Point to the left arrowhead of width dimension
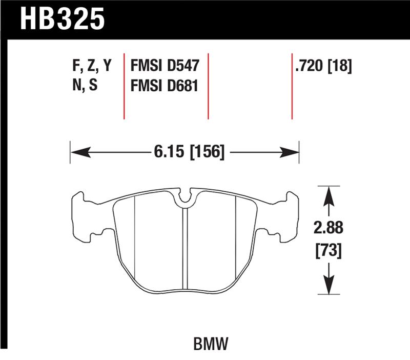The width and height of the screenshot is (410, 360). pos(77,152)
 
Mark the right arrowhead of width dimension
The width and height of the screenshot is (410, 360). pos(292,152)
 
